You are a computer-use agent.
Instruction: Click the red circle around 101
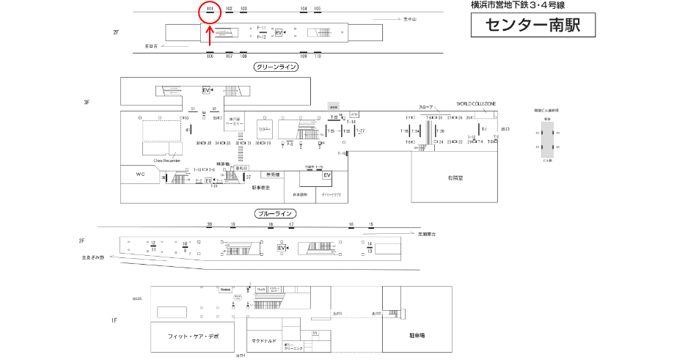pos(210,10)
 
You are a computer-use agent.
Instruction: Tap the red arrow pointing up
pos(210,36)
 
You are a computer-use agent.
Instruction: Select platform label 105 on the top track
pos(318,9)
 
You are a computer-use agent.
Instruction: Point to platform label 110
pos(318,56)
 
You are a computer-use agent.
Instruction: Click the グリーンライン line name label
pos(276,67)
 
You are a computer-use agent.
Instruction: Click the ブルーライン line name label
pos(276,213)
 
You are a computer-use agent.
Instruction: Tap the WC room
pos(141,175)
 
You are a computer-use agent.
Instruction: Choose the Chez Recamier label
pos(166,159)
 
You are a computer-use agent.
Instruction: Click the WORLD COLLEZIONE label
pos(476,104)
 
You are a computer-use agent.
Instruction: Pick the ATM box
pos(354,114)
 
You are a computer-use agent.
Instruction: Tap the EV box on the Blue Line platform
pos(281,249)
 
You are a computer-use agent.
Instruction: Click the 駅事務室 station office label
pos(261,188)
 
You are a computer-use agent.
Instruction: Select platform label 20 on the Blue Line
pos(209,224)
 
